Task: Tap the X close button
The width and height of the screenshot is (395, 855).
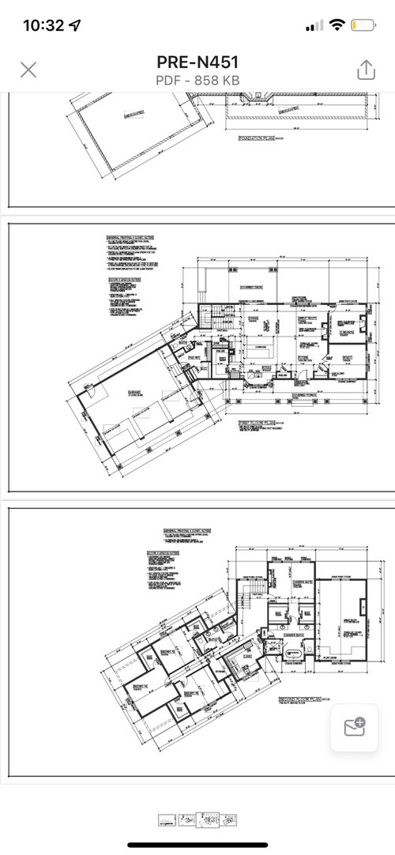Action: tap(28, 70)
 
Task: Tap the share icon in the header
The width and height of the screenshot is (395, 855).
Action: tap(365, 70)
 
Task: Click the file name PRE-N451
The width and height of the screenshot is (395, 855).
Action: tap(197, 62)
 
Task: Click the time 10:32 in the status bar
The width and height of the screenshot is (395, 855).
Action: tap(43, 25)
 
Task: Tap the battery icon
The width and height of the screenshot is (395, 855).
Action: tap(363, 25)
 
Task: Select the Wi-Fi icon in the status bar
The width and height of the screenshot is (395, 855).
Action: tap(337, 25)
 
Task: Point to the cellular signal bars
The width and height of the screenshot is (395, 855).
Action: tap(314, 25)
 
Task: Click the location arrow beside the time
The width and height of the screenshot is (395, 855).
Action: tap(75, 25)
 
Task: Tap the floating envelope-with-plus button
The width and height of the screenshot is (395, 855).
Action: tap(353, 729)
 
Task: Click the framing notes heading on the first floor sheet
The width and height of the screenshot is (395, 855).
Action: tap(131, 236)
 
